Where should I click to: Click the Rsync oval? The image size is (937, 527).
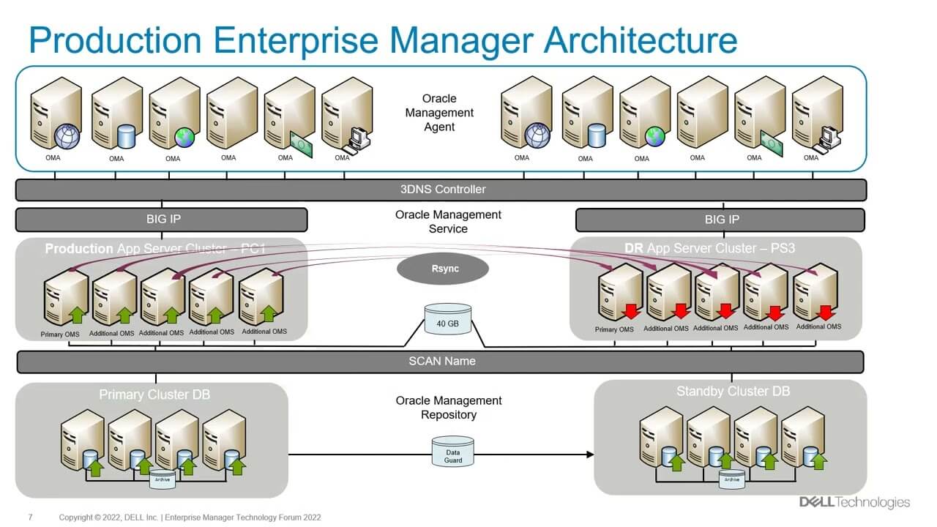click(442, 269)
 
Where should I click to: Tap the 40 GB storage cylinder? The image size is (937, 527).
click(448, 320)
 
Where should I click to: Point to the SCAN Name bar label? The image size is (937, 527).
click(441, 361)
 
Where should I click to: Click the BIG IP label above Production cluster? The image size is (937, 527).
click(161, 220)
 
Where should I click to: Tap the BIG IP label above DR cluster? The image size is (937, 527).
click(721, 220)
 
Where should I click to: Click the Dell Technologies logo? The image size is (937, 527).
click(854, 502)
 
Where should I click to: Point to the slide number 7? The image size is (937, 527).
click(30, 517)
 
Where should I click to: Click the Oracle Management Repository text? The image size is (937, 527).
click(448, 408)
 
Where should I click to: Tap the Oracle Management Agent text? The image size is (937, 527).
click(439, 113)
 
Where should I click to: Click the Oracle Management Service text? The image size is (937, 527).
click(448, 222)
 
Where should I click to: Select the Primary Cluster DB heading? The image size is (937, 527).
click(154, 395)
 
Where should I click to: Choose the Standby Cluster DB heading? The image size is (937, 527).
click(729, 392)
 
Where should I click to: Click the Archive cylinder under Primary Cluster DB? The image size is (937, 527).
click(163, 479)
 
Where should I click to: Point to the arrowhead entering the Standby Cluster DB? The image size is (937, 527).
click(590, 455)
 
